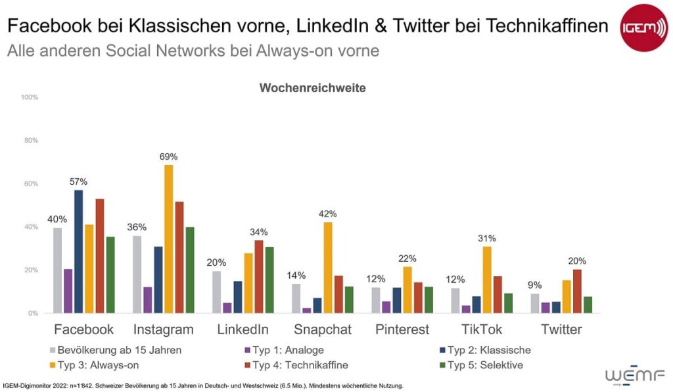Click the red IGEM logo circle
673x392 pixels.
click(x=643, y=27)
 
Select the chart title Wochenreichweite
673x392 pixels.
click(x=312, y=87)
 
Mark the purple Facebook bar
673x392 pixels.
click(x=68, y=291)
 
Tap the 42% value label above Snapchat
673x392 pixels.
click(x=327, y=214)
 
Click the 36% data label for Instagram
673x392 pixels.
click(x=137, y=228)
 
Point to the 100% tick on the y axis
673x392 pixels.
click(x=30, y=97)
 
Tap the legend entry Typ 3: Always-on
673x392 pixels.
click(x=96, y=365)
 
